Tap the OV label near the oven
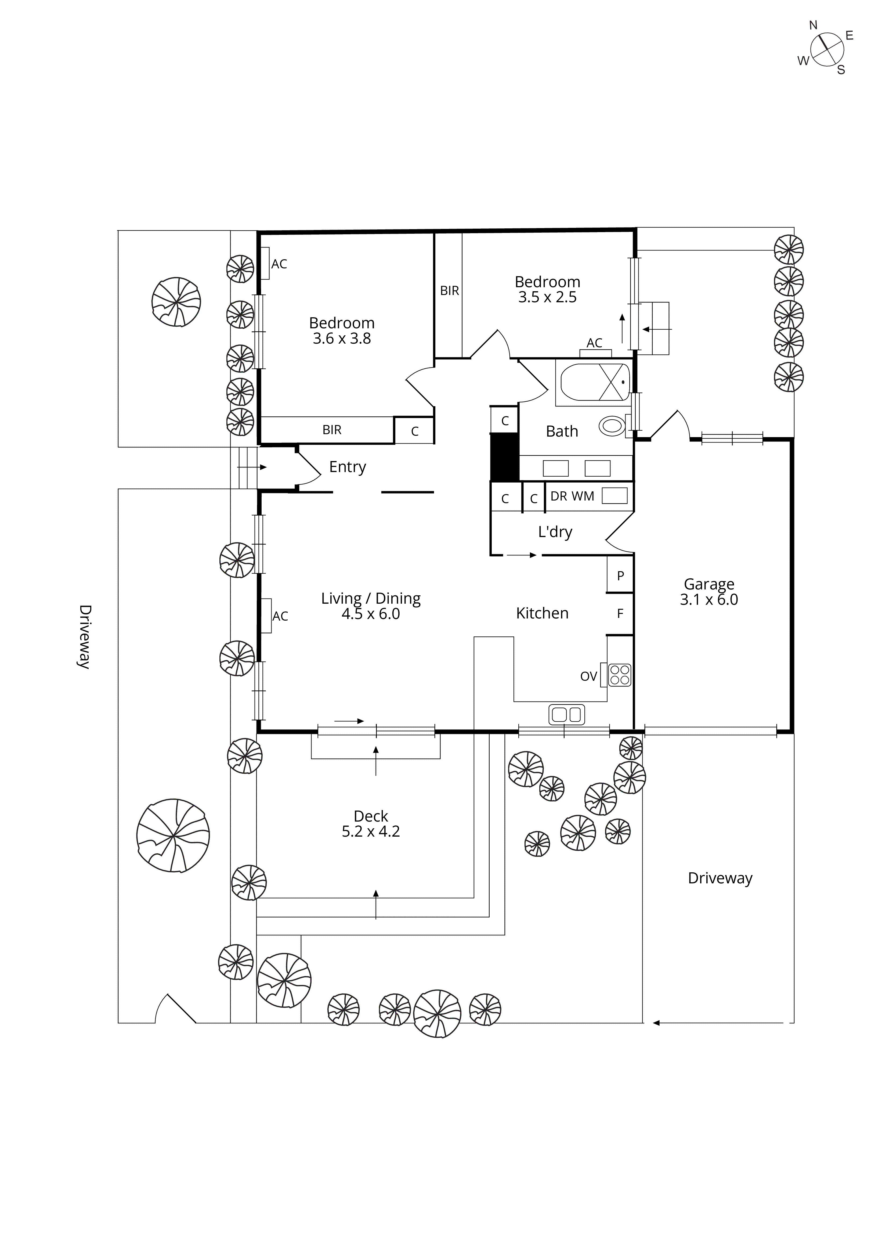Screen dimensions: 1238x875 tap(589, 676)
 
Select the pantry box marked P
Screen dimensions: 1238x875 tap(620, 575)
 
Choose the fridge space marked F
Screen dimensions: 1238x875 tap(620, 613)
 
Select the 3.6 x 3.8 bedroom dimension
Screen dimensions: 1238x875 tap(342, 339)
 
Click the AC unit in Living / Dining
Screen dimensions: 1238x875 tap(266, 615)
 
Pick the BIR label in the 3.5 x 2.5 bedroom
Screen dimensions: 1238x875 tap(449, 291)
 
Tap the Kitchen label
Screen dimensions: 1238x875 tap(542, 613)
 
